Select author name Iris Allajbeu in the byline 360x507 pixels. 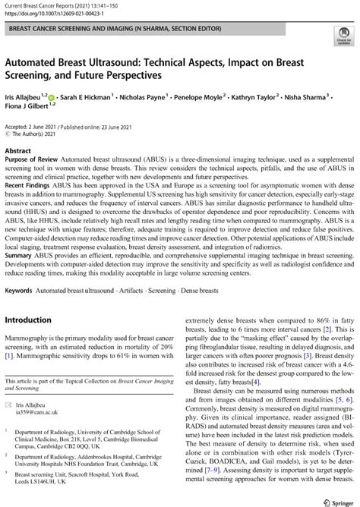click(x=25, y=98)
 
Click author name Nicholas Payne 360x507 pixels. click(x=143, y=98)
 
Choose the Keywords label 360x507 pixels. click(x=23, y=289)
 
